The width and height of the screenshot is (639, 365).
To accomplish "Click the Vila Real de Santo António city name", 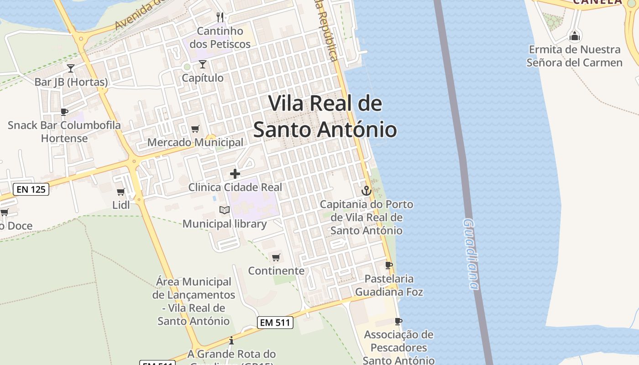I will click(x=325, y=116).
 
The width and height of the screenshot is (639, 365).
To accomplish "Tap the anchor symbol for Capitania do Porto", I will click(x=366, y=190).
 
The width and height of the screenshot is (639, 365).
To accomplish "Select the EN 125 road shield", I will click(x=31, y=189).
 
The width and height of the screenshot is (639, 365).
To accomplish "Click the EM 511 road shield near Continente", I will click(x=274, y=323).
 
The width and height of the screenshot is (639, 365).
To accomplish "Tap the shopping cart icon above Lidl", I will click(x=120, y=192).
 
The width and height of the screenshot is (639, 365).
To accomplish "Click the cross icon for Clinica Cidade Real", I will click(x=235, y=174).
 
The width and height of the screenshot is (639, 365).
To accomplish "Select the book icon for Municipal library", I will click(x=224, y=210).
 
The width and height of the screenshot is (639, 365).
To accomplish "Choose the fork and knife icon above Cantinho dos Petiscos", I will click(x=220, y=17).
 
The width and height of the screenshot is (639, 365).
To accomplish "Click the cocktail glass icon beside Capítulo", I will click(x=203, y=64).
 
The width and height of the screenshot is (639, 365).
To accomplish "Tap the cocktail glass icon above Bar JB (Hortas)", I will click(x=71, y=68).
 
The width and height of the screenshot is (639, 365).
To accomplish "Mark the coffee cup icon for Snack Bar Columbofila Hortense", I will click(x=64, y=112).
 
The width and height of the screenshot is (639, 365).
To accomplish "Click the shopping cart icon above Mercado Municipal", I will click(x=195, y=129).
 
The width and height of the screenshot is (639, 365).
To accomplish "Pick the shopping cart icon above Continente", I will click(x=276, y=258).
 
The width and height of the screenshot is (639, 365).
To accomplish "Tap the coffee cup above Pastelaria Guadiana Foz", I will click(x=389, y=265).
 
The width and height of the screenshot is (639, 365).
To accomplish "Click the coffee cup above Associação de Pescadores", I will click(x=398, y=321).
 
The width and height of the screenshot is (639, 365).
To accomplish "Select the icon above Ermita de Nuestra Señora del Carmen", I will click(x=575, y=35).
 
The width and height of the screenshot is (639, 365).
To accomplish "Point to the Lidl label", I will click(x=121, y=205).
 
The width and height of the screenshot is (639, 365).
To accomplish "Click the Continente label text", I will click(x=276, y=271).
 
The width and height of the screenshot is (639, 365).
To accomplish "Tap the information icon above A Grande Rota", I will click(x=231, y=340).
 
